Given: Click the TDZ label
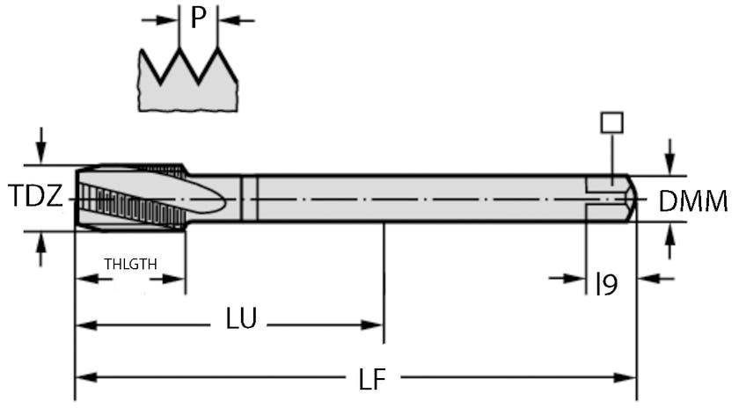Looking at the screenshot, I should pyautogui.click(x=35, y=197).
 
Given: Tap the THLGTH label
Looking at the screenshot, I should pyautogui.click(x=131, y=263).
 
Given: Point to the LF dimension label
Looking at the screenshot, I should pyautogui.click(x=372, y=379).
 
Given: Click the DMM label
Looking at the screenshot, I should pyautogui.click(x=693, y=202).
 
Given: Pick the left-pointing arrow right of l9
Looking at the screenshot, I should pyautogui.click(x=649, y=279).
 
